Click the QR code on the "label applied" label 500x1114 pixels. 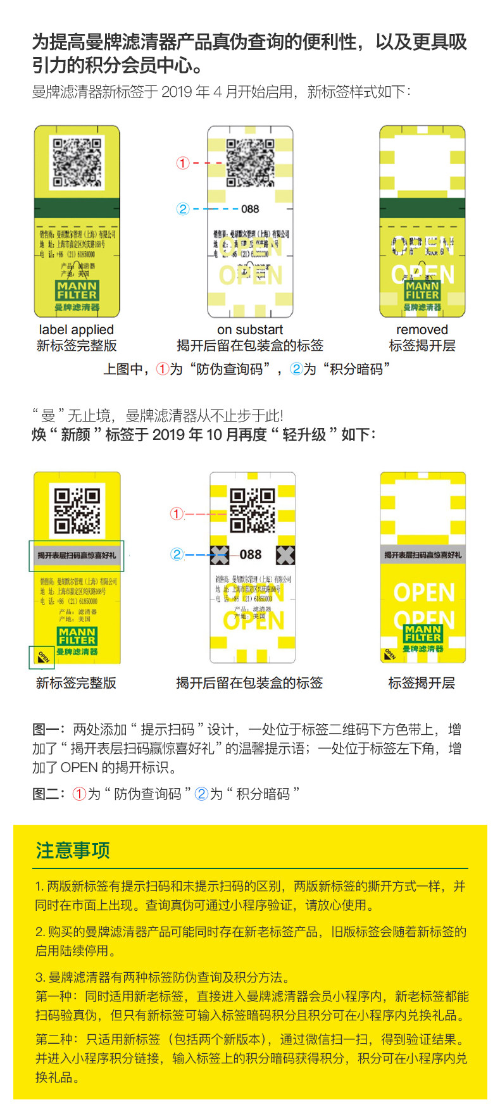tap(77, 162)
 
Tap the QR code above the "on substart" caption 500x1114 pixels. tap(251, 163)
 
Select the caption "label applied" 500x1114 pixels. tap(77, 330)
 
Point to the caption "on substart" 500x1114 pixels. tap(250, 330)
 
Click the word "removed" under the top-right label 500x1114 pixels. tap(422, 330)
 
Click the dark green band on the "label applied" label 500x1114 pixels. tap(77, 208)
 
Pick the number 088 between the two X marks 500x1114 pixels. tap(251, 554)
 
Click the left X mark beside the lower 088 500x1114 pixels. tap(219, 555)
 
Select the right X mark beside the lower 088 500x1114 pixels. tap(285, 555)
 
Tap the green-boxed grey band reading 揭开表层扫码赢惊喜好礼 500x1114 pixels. tap(77, 556)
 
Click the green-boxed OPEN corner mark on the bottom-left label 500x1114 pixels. tap(42, 657)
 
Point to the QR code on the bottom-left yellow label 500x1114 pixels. tap(77, 510)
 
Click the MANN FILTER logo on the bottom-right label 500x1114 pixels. tap(423, 634)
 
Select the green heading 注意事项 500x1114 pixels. tap(73, 850)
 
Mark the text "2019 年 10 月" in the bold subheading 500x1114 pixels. tap(187, 435)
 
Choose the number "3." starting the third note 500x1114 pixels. tap(40, 977)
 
